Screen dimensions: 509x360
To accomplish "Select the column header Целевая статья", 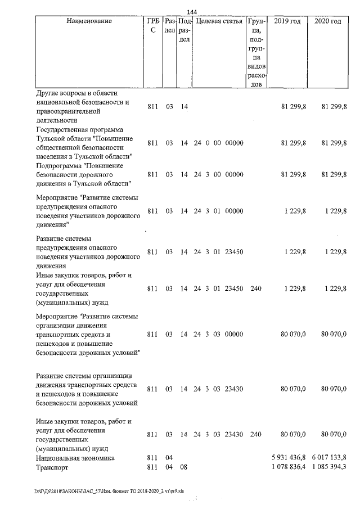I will [x=219, y=21].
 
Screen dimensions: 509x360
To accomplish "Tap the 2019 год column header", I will [x=287, y=21].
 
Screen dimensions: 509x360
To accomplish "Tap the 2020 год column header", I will [x=327, y=21].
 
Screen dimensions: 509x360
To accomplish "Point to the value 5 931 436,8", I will [x=289, y=458].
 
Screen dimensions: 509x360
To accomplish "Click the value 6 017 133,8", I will [x=329, y=458].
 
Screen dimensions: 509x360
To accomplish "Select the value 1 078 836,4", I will [x=289, y=467].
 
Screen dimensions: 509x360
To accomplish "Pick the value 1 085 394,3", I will [x=329, y=467].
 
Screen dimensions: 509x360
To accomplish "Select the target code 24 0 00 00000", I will [x=218, y=143].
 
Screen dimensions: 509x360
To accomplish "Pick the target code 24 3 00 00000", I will [x=218, y=175].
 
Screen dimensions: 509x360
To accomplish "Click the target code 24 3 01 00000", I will [x=218, y=211].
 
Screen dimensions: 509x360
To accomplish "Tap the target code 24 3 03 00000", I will [x=218, y=335].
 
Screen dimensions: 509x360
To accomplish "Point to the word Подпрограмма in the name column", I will [x=60, y=166].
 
